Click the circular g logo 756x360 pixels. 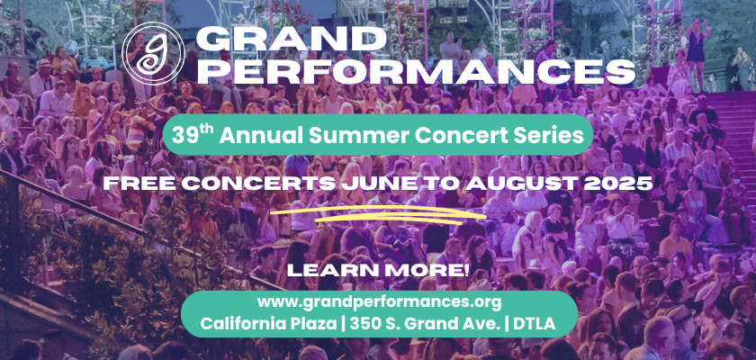pos(153,53)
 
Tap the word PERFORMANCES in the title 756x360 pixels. pos(416,71)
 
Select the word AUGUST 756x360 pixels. pos(520,184)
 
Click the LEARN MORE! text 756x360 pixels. pos(377,270)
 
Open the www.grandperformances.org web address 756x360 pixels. pos(380,302)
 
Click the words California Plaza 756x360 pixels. pos(268,324)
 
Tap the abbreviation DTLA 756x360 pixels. pos(535,324)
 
